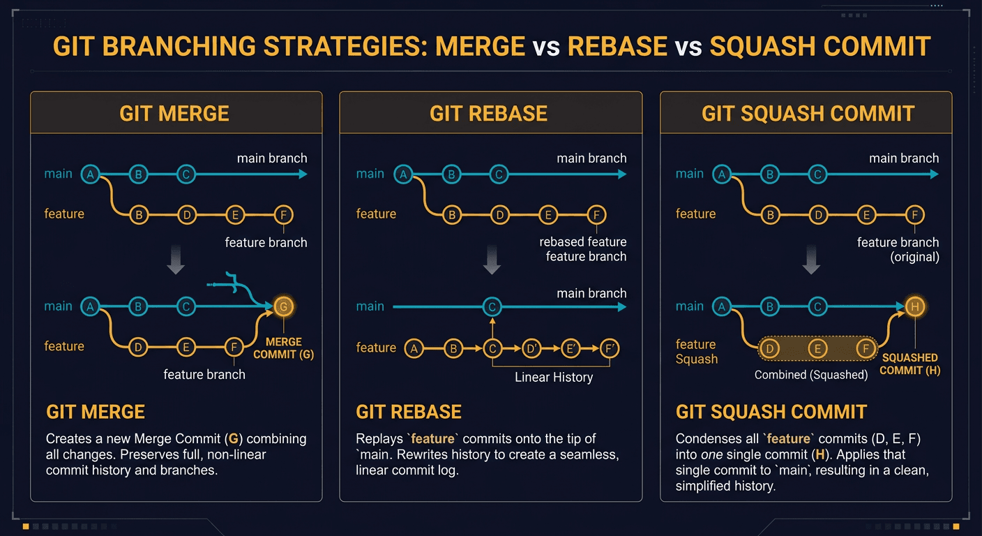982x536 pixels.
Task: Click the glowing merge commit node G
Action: click(x=282, y=306)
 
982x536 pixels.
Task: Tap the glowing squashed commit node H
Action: click(x=915, y=306)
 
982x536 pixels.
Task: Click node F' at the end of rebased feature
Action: click(x=609, y=348)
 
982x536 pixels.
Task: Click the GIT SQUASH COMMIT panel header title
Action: click(x=808, y=113)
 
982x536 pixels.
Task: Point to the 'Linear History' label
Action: click(x=554, y=378)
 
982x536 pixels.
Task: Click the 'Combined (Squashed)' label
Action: click(x=811, y=375)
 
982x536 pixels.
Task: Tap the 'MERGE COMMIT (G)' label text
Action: click(x=283, y=348)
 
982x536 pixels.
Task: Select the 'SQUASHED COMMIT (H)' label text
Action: click(x=909, y=364)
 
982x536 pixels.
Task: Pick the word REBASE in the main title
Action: click(x=617, y=46)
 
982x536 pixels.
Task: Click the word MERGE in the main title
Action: click(x=480, y=46)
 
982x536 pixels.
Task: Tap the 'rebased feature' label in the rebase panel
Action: click(x=583, y=242)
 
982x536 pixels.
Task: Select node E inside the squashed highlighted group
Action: click(x=817, y=348)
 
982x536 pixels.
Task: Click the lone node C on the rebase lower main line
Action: click(x=492, y=306)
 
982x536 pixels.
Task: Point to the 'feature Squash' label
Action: click(x=697, y=352)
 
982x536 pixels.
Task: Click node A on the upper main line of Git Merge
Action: click(x=90, y=174)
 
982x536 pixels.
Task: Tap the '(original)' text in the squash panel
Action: click(x=915, y=257)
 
